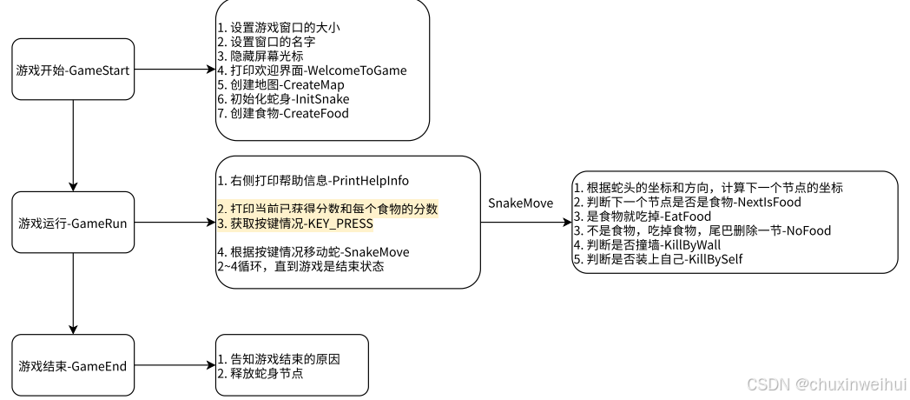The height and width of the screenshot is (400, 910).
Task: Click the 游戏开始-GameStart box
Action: point(73,70)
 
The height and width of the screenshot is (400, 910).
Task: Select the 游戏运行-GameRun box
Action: point(73,223)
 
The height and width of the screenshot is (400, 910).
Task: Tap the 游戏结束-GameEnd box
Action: point(73,366)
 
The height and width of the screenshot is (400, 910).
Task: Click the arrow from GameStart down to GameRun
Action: point(73,145)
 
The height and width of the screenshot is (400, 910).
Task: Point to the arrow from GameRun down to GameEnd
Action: point(73,294)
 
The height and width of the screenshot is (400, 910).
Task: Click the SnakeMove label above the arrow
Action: point(521,203)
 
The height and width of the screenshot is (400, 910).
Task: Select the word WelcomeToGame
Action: point(356,70)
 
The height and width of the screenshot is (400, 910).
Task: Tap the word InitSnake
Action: point(323,99)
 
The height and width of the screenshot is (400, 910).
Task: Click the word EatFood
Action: point(688,217)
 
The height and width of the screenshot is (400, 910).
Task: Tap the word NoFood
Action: point(808,230)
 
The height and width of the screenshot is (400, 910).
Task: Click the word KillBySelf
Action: point(715,259)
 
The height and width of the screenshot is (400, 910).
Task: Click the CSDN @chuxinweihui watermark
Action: point(827,383)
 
